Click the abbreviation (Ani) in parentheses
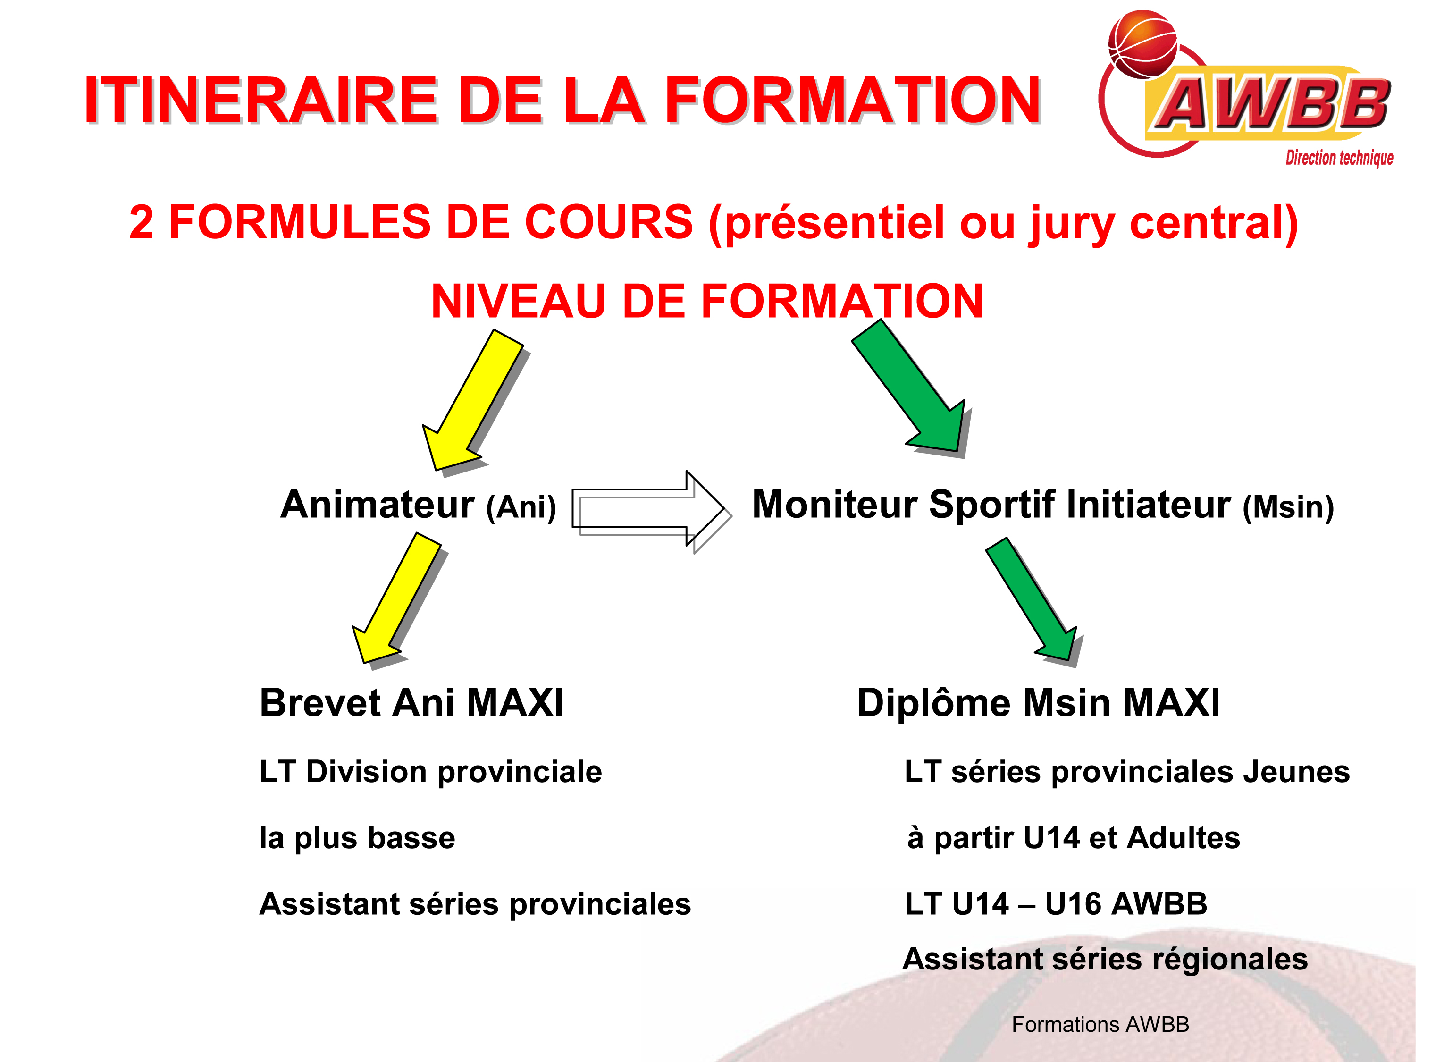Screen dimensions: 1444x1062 (x=521, y=507)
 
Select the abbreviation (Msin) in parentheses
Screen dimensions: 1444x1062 (x=1288, y=507)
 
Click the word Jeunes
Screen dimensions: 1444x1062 (x=1296, y=771)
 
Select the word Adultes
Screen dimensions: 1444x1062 (x=1183, y=837)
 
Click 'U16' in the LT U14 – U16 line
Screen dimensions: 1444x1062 (x=1072, y=903)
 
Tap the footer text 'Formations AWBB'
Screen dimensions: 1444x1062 (x=1100, y=1024)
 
